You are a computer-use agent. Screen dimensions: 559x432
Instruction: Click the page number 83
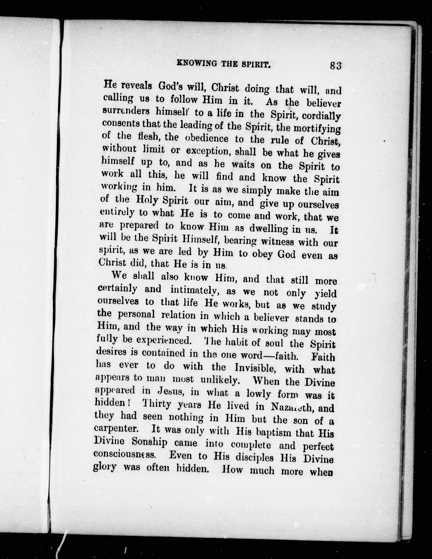336,66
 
